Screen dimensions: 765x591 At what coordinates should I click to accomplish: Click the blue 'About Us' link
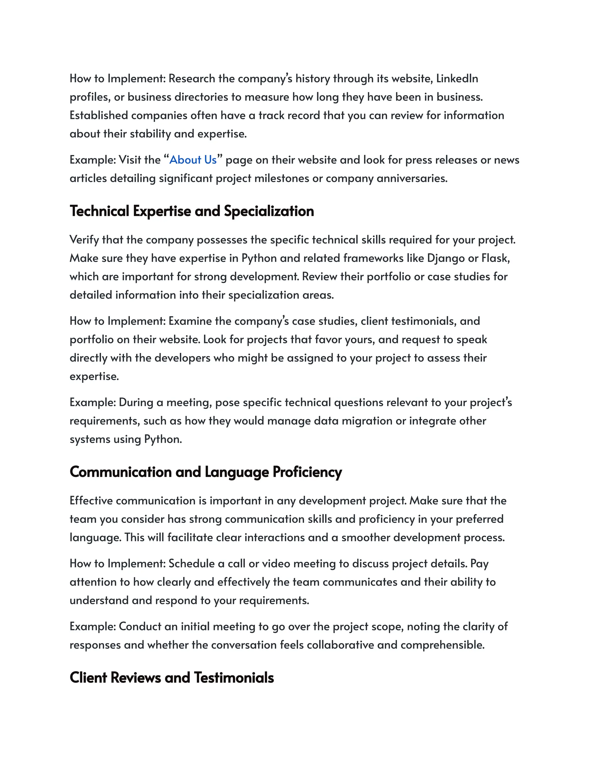193,160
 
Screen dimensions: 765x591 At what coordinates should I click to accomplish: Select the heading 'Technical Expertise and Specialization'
192,211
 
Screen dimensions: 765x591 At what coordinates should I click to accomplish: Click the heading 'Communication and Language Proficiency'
205,472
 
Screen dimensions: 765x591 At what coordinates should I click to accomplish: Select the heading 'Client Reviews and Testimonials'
172,678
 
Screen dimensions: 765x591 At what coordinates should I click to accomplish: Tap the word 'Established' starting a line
99,115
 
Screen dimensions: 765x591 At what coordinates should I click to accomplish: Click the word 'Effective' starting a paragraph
91,501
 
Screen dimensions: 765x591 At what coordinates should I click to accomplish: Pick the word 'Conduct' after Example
140,627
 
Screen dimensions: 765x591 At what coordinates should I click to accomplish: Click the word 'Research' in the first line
192,79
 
